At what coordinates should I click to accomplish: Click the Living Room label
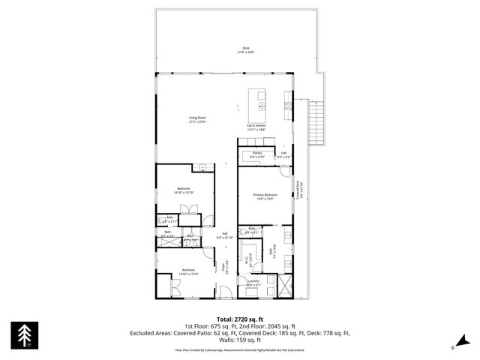(x=197, y=118)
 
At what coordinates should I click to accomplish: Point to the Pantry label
(x=256, y=154)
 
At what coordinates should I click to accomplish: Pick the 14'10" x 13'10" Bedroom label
(x=184, y=190)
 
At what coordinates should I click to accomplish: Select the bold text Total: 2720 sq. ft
(x=240, y=319)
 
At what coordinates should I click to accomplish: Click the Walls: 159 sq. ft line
(x=240, y=339)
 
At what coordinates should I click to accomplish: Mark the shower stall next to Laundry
(x=285, y=286)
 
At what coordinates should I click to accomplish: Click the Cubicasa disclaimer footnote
(x=240, y=349)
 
